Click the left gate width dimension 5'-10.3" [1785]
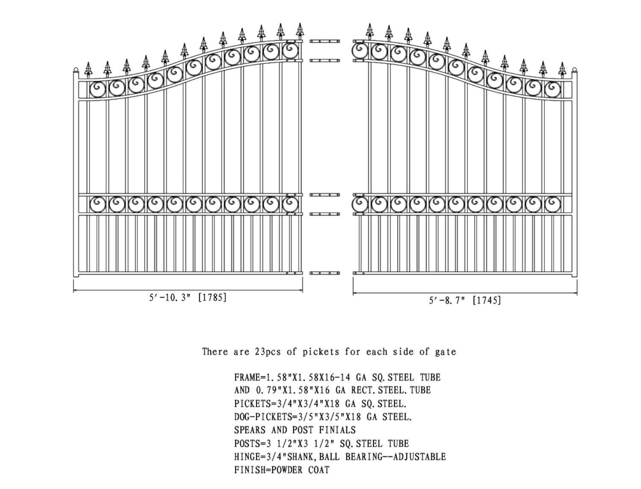coord(188,297)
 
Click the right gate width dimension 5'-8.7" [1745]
coord(465,300)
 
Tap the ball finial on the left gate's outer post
coord(76,70)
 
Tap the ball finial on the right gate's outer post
coord(574,70)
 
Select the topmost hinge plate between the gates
coord(325,41)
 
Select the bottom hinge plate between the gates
coord(325,273)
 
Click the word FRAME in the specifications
coord(247,378)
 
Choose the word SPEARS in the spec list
coord(250,430)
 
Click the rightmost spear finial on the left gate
coord(300,31)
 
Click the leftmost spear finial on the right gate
coord(370,31)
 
